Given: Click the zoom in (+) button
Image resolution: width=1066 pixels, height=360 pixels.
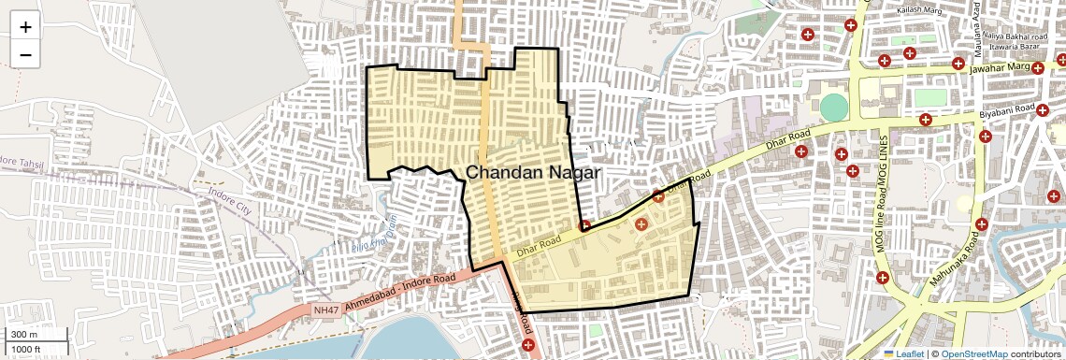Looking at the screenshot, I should click(x=25, y=27).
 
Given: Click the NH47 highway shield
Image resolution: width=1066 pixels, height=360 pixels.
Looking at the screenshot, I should click(x=325, y=310).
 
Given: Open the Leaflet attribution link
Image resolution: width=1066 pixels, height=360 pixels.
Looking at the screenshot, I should click(x=905, y=353).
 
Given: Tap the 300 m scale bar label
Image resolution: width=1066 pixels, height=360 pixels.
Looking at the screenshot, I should click(x=24, y=335).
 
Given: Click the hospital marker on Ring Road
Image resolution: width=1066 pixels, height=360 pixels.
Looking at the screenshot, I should click(x=528, y=345).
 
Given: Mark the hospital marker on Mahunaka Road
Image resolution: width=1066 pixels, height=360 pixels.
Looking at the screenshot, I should click(x=981, y=223).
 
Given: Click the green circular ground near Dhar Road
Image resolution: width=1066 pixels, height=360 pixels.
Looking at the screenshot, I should click(x=832, y=108).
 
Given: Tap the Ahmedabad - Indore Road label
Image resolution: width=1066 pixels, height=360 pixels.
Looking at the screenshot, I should click(x=400, y=293).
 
